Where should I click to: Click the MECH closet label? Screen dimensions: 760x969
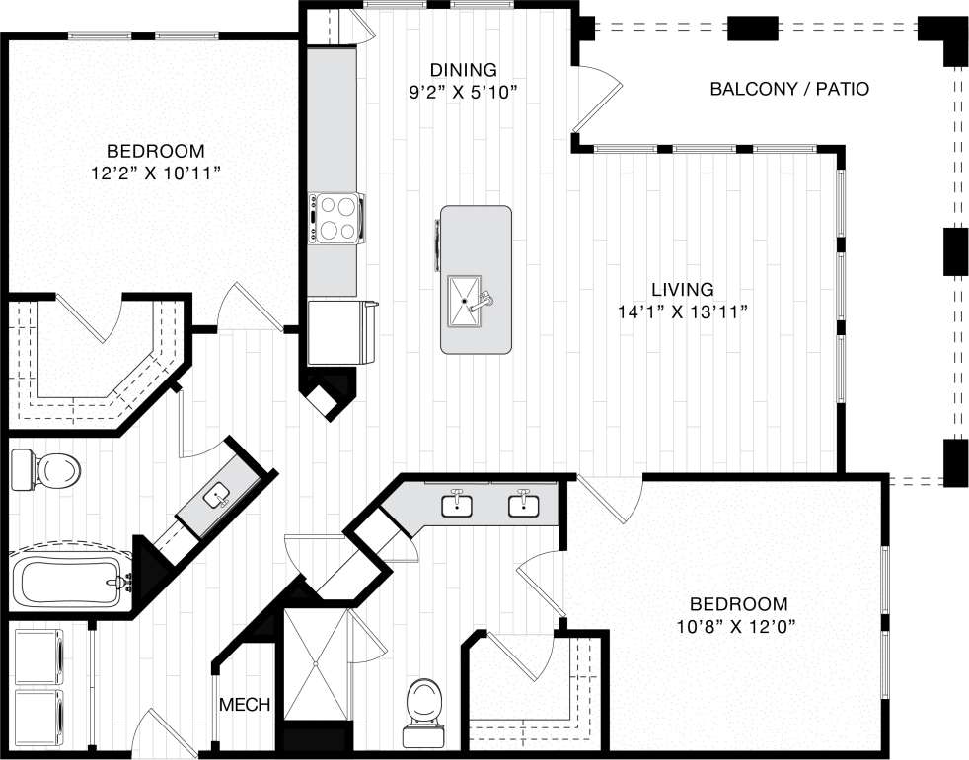point(238,706)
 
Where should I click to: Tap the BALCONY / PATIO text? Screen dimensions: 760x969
point(789,90)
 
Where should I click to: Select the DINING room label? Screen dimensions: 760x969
point(462,70)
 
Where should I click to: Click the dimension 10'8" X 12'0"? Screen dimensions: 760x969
point(737,626)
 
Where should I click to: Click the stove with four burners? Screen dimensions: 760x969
point(335,218)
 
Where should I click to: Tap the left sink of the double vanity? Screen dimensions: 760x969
point(457,505)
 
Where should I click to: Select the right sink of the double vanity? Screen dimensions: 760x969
point(522,505)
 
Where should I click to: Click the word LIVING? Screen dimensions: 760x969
point(682,290)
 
